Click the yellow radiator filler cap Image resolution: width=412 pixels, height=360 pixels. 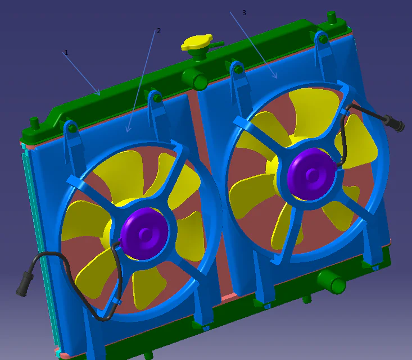(196, 44)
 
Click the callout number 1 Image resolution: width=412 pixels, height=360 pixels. (66, 52)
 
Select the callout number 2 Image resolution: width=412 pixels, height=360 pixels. (159, 30)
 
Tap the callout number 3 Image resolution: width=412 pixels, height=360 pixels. (243, 12)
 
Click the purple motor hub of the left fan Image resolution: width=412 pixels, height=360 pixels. (144, 233)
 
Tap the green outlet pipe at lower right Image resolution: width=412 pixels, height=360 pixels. (336, 282)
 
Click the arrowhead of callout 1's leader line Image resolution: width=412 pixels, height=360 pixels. (99, 94)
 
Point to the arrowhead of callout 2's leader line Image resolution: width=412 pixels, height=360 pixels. (128, 131)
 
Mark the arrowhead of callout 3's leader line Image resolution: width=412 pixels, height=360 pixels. (276, 77)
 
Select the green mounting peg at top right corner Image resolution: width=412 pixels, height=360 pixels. (332, 17)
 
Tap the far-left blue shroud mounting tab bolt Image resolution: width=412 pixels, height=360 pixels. (71, 127)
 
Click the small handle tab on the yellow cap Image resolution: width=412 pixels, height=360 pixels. (217, 43)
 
